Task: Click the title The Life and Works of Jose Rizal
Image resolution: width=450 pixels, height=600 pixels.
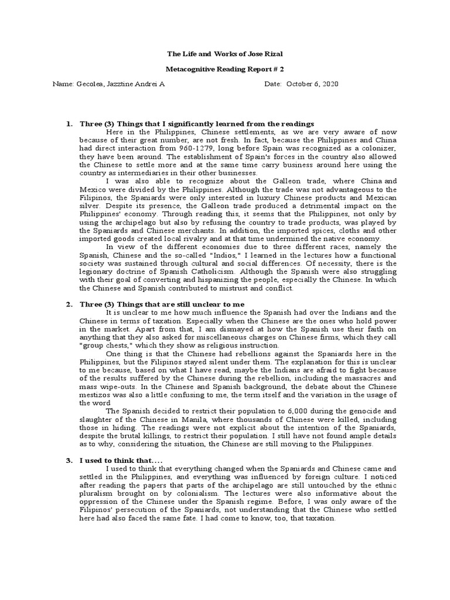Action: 224,54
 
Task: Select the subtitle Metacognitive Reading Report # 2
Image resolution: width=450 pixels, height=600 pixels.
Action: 224,69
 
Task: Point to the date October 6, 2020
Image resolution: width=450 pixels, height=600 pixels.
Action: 312,84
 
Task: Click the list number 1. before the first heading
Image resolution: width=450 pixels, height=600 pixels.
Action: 69,124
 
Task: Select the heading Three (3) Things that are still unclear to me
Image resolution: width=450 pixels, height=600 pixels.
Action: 162,304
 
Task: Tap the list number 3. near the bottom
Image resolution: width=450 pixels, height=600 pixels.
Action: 69,461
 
